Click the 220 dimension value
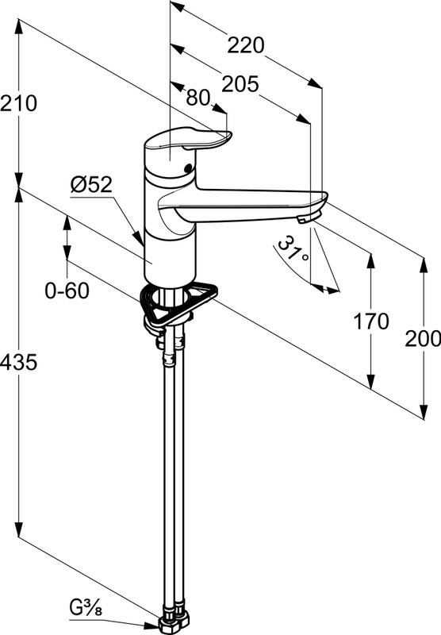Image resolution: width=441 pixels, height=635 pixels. [x=246, y=45]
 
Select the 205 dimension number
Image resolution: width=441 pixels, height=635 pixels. [x=240, y=84]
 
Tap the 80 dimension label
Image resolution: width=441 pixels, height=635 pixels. [x=198, y=98]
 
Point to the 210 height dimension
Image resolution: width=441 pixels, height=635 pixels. [x=18, y=103]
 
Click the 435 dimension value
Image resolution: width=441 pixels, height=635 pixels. [x=18, y=362]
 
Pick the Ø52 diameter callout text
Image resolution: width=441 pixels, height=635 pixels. [x=91, y=185]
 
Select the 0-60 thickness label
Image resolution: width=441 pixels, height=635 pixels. [x=67, y=291]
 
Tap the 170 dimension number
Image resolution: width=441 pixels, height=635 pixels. [x=371, y=321]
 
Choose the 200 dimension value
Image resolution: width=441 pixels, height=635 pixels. [x=423, y=339]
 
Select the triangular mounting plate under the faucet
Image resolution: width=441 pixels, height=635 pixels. [x=178, y=305]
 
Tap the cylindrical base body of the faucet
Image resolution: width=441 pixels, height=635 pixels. [x=171, y=260]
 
